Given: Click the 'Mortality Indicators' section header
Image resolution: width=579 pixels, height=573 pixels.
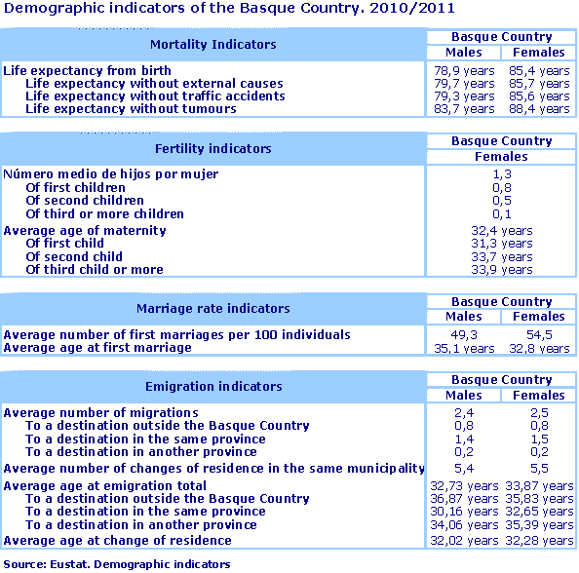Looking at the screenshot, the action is (x=212, y=44).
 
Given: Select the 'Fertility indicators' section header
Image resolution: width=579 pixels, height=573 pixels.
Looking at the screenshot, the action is (x=212, y=148).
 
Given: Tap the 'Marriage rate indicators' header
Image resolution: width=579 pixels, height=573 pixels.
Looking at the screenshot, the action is (x=212, y=308).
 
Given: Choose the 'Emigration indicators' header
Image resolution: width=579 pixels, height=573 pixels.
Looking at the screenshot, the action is (x=212, y=386).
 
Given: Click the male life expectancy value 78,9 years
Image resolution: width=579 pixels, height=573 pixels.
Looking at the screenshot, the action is (x=463, y=70).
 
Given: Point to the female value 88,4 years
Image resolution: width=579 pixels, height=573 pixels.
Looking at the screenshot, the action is (x=539, y=109).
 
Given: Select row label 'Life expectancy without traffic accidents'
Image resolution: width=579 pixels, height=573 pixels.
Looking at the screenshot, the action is (x=155, y=96).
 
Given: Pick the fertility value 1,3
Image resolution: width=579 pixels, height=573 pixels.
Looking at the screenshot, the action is (x=502, y=174).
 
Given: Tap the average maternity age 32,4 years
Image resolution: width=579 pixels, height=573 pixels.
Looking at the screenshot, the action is (x=502, y=231).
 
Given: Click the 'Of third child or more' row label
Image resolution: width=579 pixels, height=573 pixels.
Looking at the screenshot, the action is (x=94, y=269).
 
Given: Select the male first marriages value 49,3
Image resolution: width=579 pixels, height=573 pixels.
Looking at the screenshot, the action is (x=463, y=334).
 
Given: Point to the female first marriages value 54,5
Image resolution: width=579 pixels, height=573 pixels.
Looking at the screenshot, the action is (x=539, y=334).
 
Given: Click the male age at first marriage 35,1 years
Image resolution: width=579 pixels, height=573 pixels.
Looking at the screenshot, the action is (x=463, y=348).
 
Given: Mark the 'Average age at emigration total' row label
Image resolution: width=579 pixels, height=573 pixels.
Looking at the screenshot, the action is (x=105, y=485).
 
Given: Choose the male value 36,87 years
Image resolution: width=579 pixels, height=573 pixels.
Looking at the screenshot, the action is (x=463, y=499).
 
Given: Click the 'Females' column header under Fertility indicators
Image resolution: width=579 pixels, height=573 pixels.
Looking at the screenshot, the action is (x=502, y=156).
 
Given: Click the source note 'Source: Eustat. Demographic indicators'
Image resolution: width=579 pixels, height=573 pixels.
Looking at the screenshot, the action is (x=117, y=564).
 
